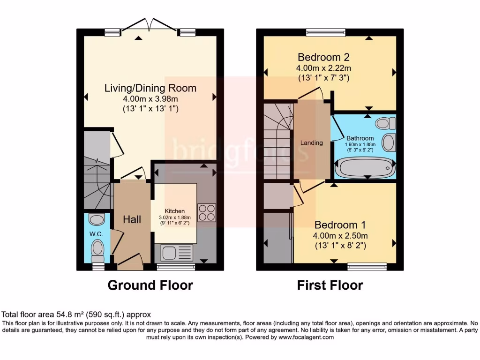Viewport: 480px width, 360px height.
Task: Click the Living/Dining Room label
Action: pos(150,88)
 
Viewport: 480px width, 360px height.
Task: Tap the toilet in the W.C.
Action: pos(97,249)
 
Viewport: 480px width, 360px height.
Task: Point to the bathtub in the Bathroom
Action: pos(364,167)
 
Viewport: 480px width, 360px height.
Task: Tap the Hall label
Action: pos(132,219)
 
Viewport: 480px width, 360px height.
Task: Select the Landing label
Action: pos(312,142)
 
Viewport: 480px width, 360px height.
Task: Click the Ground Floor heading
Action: pos(150,285)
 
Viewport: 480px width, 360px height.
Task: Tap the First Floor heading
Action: pos(330,285)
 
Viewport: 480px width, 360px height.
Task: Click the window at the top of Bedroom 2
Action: pos(326,32)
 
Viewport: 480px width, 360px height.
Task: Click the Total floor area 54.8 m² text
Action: pos(77,315)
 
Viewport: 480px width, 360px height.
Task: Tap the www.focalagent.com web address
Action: pos(306,337)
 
